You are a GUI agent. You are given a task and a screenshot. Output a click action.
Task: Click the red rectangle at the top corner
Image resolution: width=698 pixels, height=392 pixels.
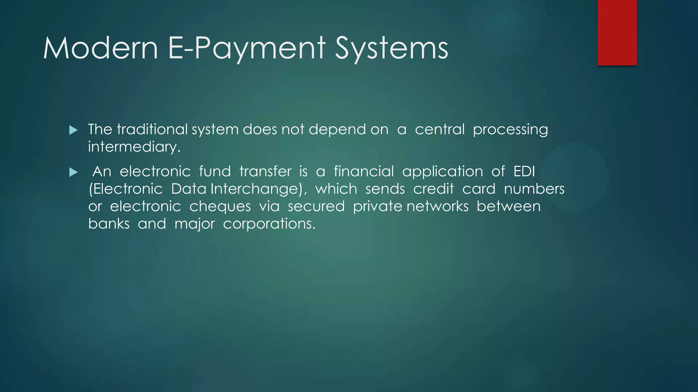pos(617,32)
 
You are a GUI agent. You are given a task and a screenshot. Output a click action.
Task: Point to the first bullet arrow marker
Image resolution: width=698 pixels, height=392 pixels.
pos(73,130)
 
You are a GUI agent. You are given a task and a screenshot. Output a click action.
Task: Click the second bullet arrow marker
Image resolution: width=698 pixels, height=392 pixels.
pos(73,172)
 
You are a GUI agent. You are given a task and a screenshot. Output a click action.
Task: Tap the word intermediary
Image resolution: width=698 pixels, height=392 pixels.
pos(134,147)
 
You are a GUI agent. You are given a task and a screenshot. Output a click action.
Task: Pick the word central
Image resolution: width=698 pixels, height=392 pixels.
pos(440,129)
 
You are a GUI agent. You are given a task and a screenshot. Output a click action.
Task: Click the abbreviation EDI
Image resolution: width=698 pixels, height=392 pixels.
pos(524,171)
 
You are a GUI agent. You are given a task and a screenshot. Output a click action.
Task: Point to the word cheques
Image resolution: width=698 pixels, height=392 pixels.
pos(220,207)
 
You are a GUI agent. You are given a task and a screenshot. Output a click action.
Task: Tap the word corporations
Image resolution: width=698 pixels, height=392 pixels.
pos(269,224)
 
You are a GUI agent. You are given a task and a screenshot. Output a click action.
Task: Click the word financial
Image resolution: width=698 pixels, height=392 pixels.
pos(364,171)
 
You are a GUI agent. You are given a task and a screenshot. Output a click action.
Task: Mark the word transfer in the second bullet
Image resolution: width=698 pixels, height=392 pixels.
pos(265,171)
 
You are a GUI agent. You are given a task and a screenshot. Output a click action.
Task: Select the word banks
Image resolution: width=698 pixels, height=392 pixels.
pos(109,224)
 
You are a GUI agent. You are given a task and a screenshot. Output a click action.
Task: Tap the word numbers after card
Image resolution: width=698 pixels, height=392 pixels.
pos(534,189)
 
